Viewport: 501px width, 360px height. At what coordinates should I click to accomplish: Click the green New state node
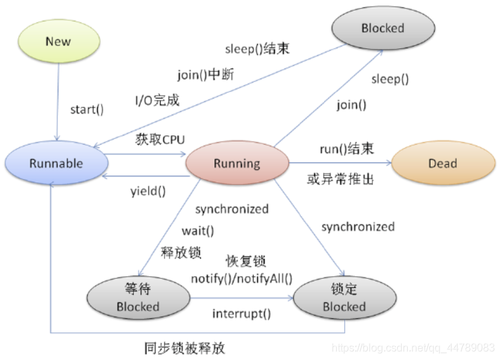click(58, 42)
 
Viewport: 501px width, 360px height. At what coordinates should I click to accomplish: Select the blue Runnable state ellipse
click(56, 164)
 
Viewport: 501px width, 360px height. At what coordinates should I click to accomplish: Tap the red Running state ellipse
click(236, 164)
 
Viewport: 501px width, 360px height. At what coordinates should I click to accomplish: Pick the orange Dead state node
click(442, 164)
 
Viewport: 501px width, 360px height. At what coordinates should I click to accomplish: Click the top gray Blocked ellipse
click(382, 28)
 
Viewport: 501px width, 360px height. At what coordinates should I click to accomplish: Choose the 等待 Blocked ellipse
click(138, 299)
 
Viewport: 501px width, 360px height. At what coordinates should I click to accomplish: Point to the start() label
click(87, 109)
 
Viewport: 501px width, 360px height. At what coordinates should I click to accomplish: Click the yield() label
click(148, 190)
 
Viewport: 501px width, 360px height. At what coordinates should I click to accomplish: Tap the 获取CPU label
click(160, 139)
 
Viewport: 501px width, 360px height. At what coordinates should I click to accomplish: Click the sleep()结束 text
click(257, 49)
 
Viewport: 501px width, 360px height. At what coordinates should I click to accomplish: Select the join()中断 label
click(206, 74)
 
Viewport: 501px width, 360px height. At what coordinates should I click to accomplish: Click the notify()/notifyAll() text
click(242, 278)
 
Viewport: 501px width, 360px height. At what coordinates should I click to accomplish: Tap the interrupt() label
click(242, 314)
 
